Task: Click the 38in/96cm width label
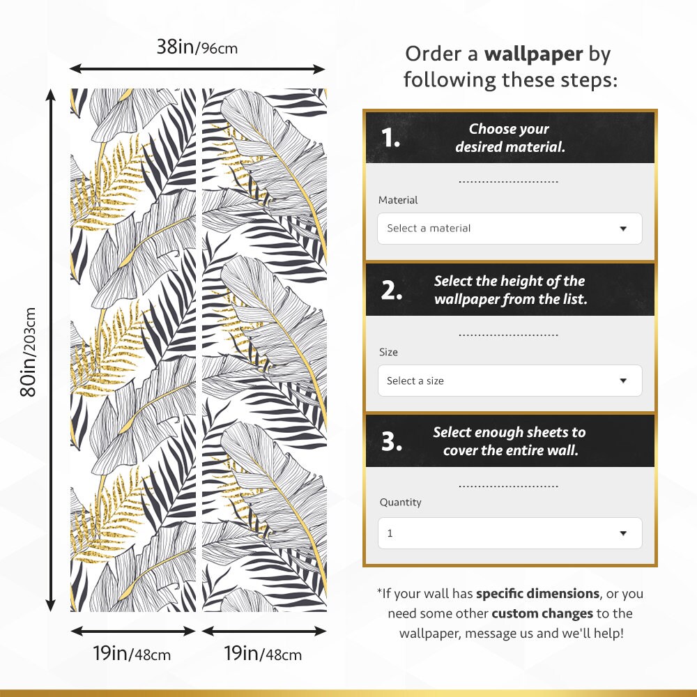pos(197,48)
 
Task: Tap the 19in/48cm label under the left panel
pos(132,654)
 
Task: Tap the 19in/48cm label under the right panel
pos(263,654)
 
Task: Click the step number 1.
pos(390,138)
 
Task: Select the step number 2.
pos(391,291)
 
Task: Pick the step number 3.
pos(391,441)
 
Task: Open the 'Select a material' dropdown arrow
pos(623,229)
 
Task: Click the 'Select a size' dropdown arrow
pos(623,381)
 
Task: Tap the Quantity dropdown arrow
pos(623,533)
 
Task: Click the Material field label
pos(398,200)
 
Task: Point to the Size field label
pos(388,352)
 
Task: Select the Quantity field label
pos(400,502)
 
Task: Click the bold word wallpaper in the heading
pos(534,54)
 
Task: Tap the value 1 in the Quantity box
pos(390,533)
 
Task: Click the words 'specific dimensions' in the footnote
pos(537,594)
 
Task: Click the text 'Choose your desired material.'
pos(509,138)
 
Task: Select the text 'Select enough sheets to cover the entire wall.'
pos(509,441)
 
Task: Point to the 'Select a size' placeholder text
pos(415,381)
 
